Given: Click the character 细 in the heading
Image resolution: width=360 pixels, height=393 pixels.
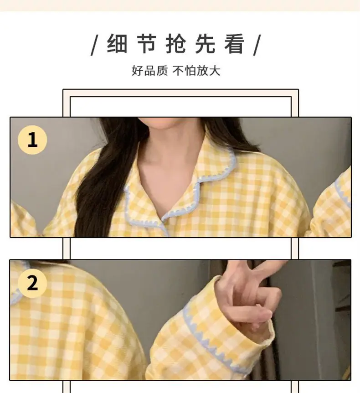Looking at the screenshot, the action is (x=117, y=44).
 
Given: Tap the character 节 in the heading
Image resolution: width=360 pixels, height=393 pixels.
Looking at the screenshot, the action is (x=147, y=44).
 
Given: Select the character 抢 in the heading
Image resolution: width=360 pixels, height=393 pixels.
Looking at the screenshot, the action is (x=176, y=44).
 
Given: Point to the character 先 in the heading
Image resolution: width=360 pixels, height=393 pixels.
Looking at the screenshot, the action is (x=205, y=44).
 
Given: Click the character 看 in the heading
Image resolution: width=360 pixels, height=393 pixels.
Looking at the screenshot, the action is (x=235, y=44).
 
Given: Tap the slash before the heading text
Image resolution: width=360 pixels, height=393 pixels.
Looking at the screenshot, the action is (x=94, y=45).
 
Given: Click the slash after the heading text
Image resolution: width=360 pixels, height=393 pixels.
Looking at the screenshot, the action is (x=257, y=45).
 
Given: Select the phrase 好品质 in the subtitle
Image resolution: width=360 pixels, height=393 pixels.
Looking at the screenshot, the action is (x=149, y=71).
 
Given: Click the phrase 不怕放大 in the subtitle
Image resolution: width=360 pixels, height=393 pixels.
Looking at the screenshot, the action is (x=196, y=71).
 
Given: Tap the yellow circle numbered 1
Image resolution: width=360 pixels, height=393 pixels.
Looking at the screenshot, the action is (x=32, y=140).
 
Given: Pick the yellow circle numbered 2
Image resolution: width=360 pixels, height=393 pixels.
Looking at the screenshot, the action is (x=32, y=283).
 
